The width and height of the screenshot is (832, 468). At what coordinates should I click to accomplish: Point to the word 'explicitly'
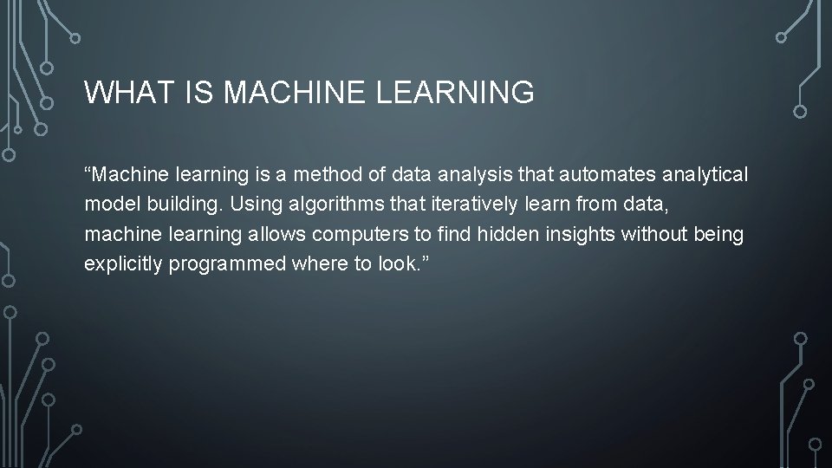[x=123, y=264]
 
